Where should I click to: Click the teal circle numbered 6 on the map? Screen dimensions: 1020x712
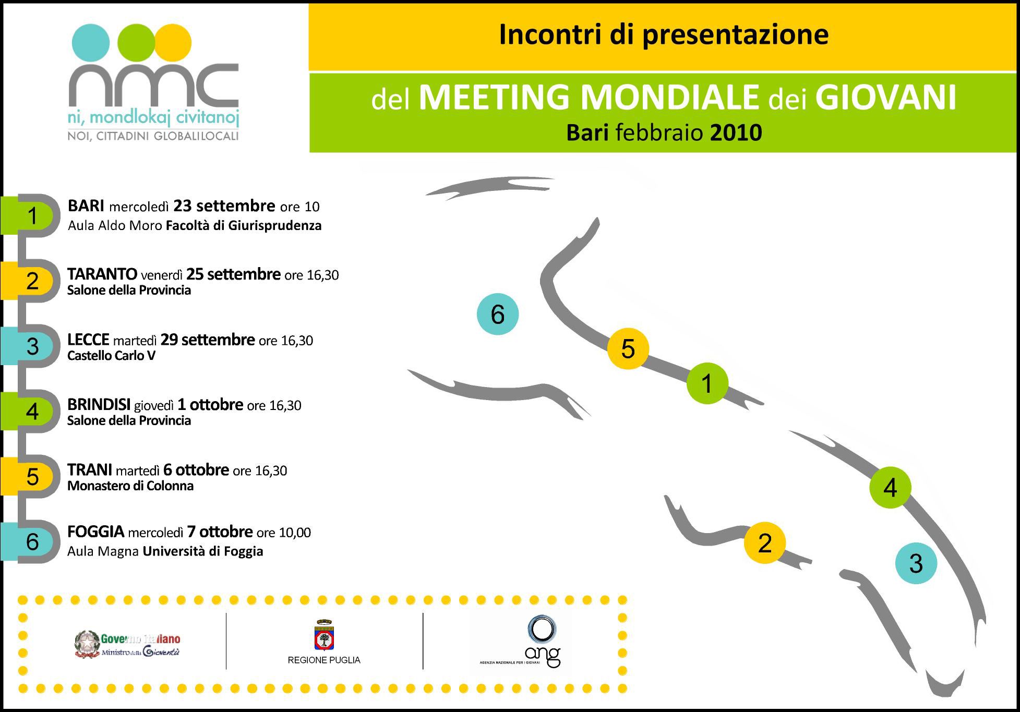[498, 314]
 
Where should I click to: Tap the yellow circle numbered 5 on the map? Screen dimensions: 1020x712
[628, 348]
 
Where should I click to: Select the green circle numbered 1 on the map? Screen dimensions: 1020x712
[707, 383]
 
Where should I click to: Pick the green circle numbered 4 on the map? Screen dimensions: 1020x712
[890, 487]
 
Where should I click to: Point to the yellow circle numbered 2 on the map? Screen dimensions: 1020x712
[765, 543]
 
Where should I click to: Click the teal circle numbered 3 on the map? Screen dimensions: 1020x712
[916, 563]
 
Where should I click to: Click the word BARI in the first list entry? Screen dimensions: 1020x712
[86, 206]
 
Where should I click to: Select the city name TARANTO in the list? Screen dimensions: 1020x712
[102, 274]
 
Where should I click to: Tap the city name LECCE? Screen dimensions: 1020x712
[88, 340]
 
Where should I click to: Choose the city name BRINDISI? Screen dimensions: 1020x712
[99, 405]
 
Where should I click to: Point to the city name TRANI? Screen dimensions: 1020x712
[90, 470]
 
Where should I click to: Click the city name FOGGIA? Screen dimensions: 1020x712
[96, 532]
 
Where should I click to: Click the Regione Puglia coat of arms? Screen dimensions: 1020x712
[324, 635]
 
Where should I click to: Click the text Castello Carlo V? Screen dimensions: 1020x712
[111, 356]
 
